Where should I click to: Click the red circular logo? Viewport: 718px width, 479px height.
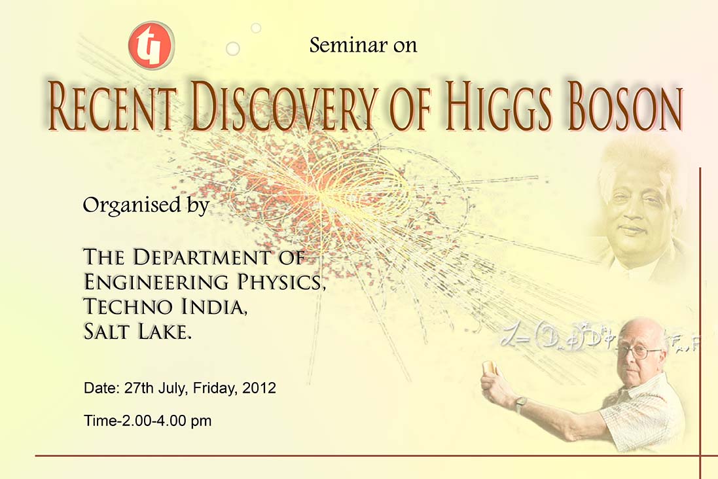pos(151,45)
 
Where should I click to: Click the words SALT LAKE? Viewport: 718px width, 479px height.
pos(137,332)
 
